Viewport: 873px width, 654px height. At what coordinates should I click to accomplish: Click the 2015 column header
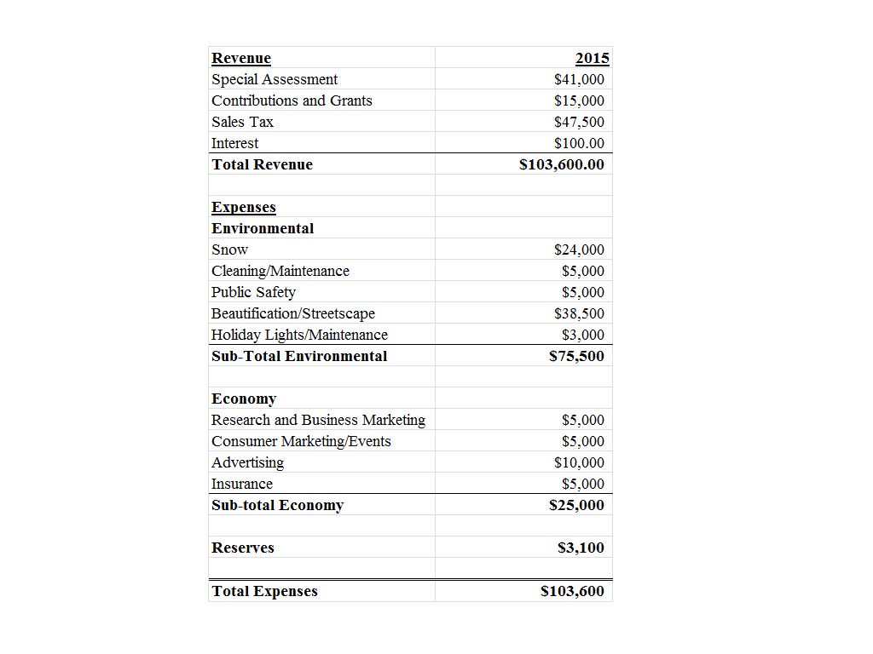pyautogui.click(x=593, y=58)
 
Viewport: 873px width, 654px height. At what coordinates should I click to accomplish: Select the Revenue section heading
pyautogui.click(x=241, y=58)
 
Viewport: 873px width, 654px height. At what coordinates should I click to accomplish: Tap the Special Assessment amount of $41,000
pyautogui.click(x=579, y=79)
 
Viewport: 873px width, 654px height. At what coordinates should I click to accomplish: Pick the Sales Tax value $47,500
pyautogui.click(x=579, y=122)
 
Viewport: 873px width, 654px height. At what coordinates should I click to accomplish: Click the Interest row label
pyautogui.click(x=234, y=143)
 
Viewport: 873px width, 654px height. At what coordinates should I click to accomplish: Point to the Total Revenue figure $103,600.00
pyautogui.click(x=562, y=164)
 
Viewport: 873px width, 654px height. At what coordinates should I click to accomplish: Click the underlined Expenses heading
pyautogui.click(x=244, y=207)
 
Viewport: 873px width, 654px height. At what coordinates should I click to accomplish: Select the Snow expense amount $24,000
pyautogui.click(x=579, y=250)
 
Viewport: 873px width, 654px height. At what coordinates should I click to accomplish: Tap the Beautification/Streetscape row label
pyautogui.click(x=293, y=313)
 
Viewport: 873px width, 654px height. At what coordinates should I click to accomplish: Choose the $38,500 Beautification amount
pyautogui.click(x=579, y=313)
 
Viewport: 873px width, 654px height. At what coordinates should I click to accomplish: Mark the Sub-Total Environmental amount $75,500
pyautogui.click(x=577, y=356)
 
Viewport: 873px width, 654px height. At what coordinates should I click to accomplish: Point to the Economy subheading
pyautogui.click(x=244, y=399)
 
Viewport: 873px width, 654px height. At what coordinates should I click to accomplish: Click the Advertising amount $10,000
pyautogui.click(x=579, y=462)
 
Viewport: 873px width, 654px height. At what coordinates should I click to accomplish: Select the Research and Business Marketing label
pyautogui.click(x=318, y=420)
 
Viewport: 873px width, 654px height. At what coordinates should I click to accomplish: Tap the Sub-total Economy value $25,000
pyautogui.click(x=577, y=505)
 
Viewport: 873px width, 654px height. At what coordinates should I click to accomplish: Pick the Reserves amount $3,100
pyautogui.click(x=581, y=548)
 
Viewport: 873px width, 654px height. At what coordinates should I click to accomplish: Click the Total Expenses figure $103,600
pyautogui.click(x=573, y=591)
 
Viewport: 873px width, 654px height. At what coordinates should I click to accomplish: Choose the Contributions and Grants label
pyautogui.click(x=292, y=100)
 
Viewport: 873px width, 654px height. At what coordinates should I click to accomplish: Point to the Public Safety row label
pyautogui.click(x=253, y=292)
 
